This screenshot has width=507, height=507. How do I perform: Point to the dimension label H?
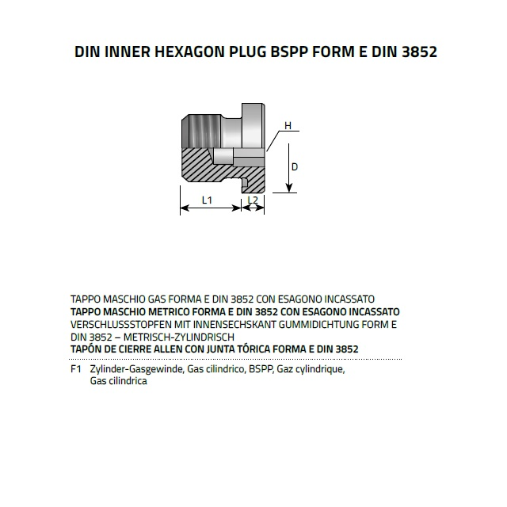click(288, 126)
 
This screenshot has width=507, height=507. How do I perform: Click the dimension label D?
click(295, 167)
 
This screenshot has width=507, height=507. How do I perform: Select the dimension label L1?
click(207, 200)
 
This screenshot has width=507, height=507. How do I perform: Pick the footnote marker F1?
click(76, 369)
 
